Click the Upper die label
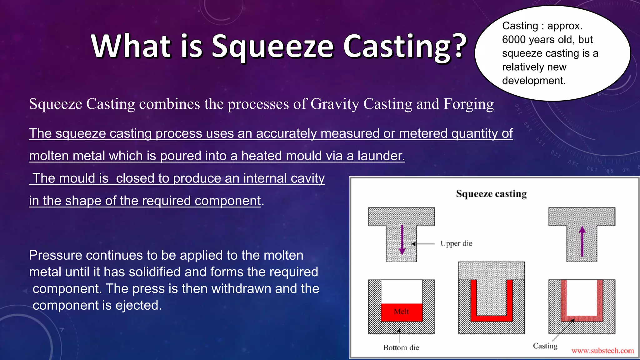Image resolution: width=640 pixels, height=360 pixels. (x=456, y=243)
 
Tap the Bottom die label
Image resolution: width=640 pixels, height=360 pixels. (x=401, y=347)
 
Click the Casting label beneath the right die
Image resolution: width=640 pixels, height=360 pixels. (x=545, y=346)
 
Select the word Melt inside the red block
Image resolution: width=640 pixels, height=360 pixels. (x=401, y=312)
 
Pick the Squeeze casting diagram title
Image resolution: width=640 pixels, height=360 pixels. (x=491, y=194)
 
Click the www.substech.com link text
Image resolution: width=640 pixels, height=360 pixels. (x=602, y=351)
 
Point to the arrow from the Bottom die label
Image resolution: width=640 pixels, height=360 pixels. (x=399, y=336)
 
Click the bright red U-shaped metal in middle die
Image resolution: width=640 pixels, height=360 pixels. (x=492, y=318)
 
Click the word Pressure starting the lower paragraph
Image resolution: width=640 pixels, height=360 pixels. (x=55, y=256)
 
